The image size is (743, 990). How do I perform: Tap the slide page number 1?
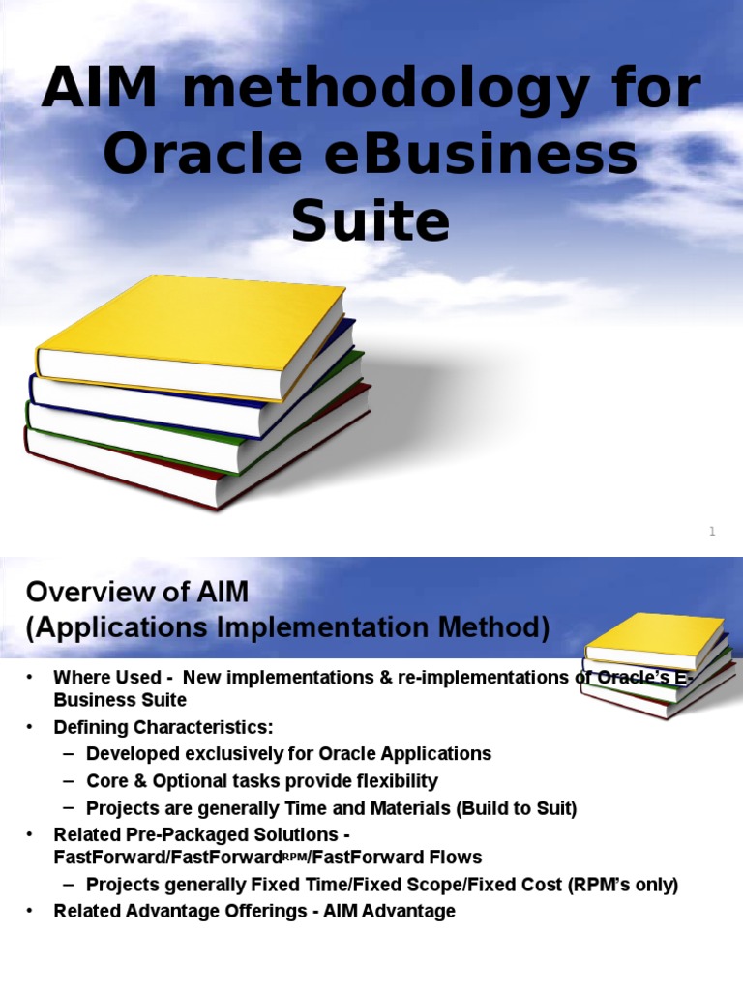711,531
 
